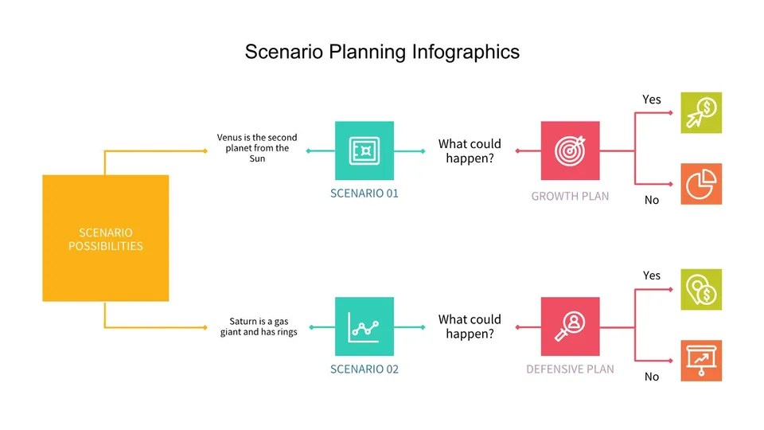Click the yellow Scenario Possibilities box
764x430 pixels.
(x=105, y=238)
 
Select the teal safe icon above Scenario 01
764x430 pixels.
(x=364, y=150)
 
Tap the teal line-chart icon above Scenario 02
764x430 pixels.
(x=364, y=326)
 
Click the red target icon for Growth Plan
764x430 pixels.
(x=570, y=150)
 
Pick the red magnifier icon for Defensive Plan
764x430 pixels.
(x=570, y=326)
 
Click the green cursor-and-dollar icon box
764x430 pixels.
(x=701, y=112)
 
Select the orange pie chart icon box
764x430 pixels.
(x=701, y=184)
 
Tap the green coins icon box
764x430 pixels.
(x=701, y=289)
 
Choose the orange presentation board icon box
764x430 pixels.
(x=701, y=361)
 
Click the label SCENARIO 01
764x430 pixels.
(x=364, y=193)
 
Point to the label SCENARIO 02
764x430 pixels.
(x=364, y=369)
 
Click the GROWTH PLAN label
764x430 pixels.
(x=570, y=196)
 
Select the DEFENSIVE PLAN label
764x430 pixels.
(x=570, y=369)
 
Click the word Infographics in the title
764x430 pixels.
(x=466, y=53)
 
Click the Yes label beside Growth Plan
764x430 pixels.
(x=652, y=100)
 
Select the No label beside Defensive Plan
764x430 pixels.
(x=652, y=377)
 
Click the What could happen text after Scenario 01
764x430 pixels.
(x=470, y=150)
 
